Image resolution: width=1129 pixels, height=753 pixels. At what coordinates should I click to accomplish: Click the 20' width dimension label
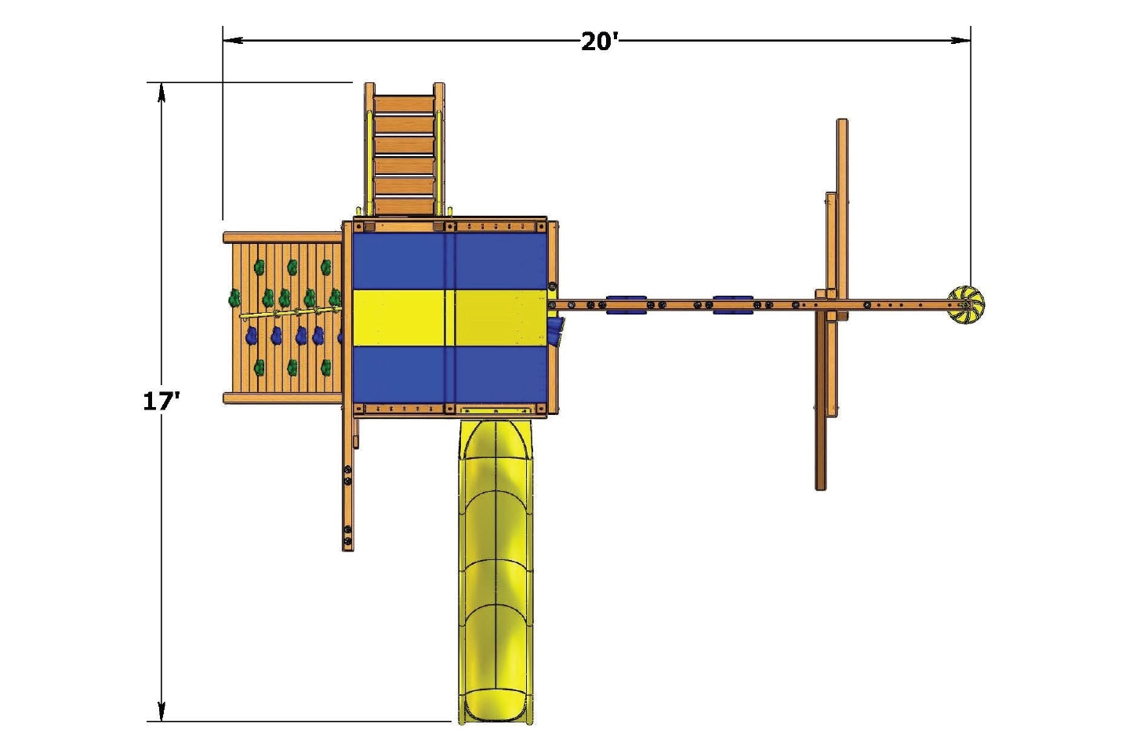600,41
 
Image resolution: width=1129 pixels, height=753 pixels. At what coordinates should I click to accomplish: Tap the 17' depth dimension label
161,401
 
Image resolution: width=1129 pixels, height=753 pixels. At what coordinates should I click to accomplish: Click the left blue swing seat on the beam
626,304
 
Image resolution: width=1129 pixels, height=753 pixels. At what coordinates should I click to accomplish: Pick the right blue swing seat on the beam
733,304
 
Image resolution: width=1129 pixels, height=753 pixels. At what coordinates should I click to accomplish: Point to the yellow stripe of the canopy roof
449,317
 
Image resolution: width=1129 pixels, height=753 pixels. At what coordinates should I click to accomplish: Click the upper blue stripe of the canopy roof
449,260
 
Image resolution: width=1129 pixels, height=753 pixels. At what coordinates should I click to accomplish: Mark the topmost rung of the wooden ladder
404,106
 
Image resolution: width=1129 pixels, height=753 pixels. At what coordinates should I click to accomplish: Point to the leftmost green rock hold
234,298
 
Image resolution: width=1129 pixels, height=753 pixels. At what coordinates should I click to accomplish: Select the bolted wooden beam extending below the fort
348,486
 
